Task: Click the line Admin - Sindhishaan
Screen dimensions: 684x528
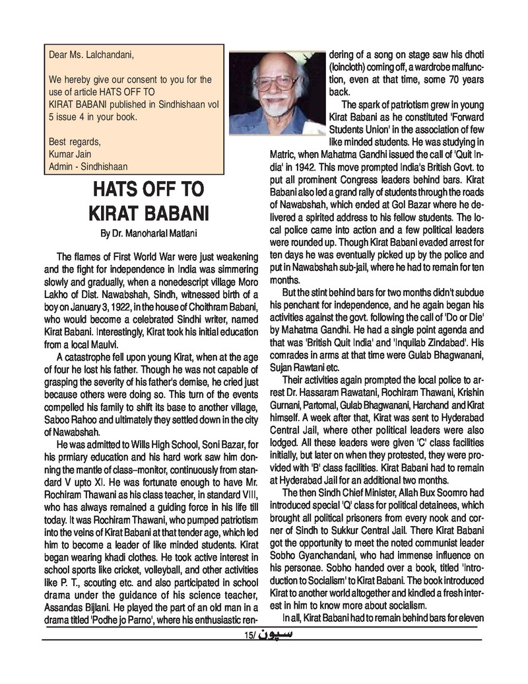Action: click(88, 167)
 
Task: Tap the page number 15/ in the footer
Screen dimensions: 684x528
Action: click(248, 636)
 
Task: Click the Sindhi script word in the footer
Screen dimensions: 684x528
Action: click(273, 634)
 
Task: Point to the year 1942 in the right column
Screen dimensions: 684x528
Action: click(309, 167)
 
